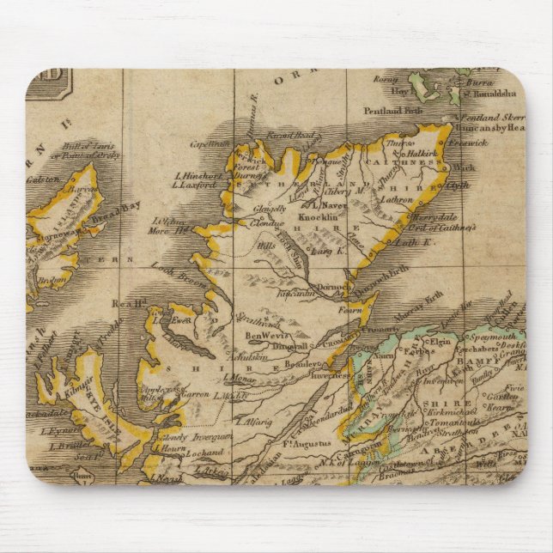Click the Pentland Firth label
click(392, 111)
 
